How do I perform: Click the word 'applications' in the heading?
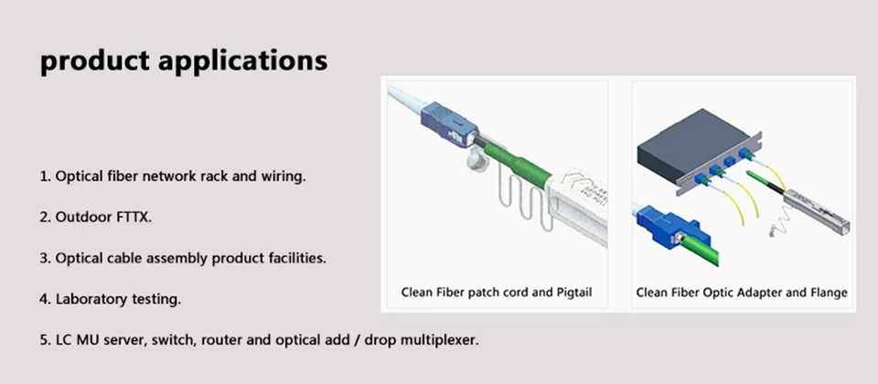tap(242, 61)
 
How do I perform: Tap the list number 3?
tap(45, 259)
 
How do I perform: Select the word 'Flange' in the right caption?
tap(828, 293)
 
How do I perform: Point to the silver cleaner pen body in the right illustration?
tap(816, 211)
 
